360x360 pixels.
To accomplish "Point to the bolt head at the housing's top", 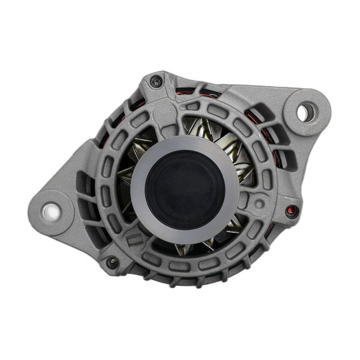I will click(157, 78).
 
